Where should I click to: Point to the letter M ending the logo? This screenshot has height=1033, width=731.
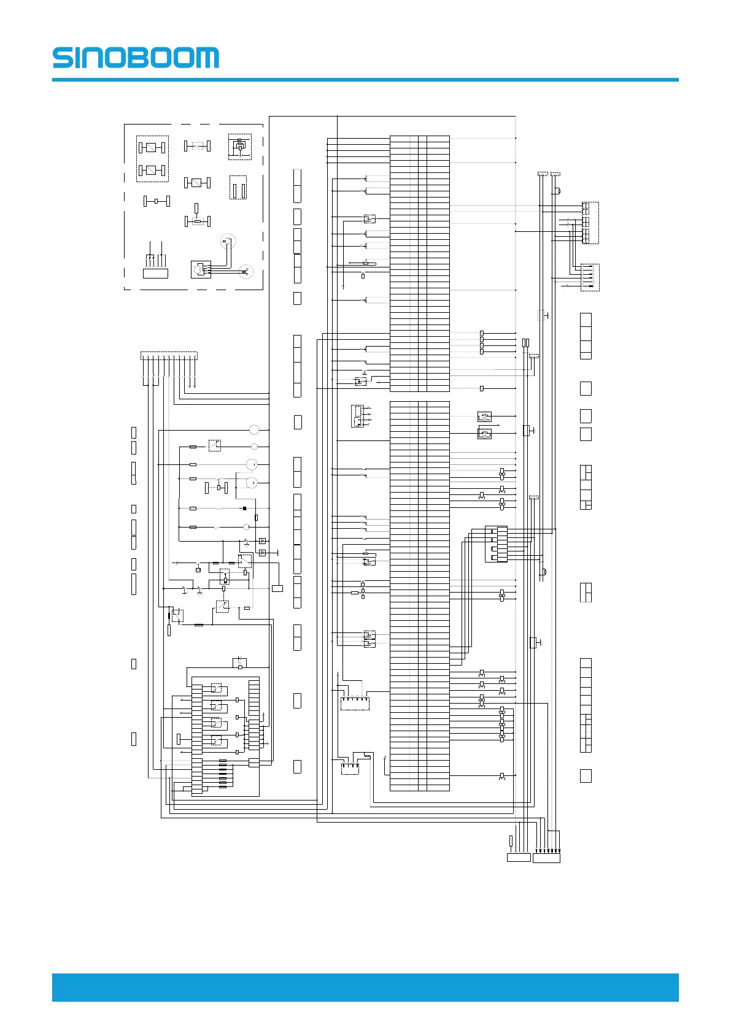pyautogui.click(x=206, y=58)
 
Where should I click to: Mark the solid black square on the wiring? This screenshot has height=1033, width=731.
pyautogui.click(x=244, y=509)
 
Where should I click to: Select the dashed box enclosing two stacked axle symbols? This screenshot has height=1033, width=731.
pyautogui.click(x=152, y=159)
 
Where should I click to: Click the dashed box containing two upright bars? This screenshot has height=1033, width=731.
pyautogui.click(x=238, y=188)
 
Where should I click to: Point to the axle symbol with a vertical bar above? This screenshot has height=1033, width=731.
pyautogui.click(x=197, y=219)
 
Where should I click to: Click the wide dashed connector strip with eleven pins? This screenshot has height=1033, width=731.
pyautogui.click(x=169, y=355)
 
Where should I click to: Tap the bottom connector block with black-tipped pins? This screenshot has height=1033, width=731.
pyautogui.click(x=546, y=858)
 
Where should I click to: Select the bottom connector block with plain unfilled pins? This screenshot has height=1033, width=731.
pyautogui.click(x=519, y=858)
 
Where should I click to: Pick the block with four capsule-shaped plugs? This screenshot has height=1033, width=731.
pyautogui.click(x=496, y=544)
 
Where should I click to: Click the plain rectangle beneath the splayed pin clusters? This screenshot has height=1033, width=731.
pyautogui.click(x=155, y=274)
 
